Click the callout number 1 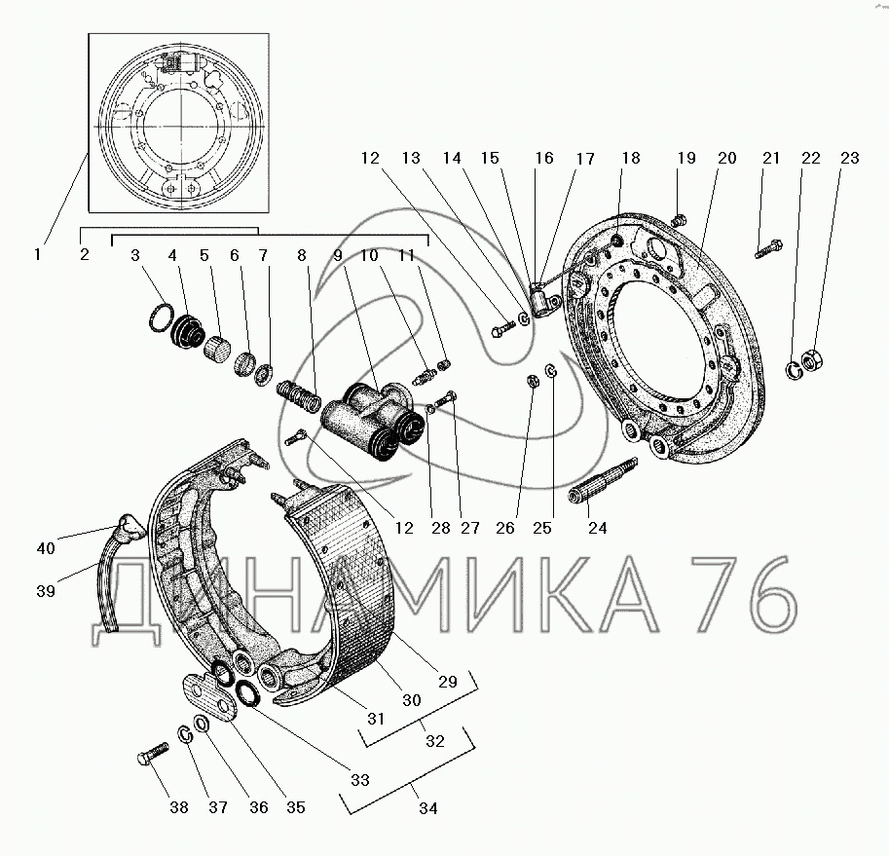[x=37, y=254]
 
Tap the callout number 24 [x=598, y=529]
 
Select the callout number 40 [x=46, y=548]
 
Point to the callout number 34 [x=428, y=808]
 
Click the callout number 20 [x=726, y=158]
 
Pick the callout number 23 [x=850, y=158]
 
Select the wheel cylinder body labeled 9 [x=372, y=420]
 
